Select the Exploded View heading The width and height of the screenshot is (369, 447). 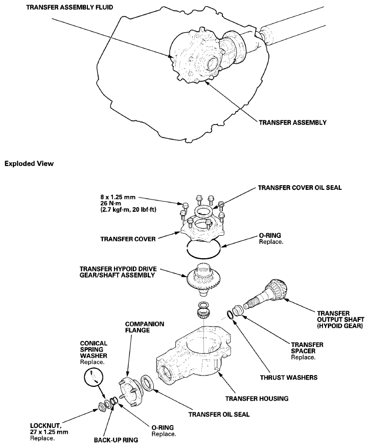(x=29, y=164)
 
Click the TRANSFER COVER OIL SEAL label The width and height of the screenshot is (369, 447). (x=299, y=188)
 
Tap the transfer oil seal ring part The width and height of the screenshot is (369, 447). (x=145, y=382)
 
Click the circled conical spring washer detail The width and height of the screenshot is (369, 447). (x=93, y=378)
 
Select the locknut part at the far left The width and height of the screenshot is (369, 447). (x=102, y=406)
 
